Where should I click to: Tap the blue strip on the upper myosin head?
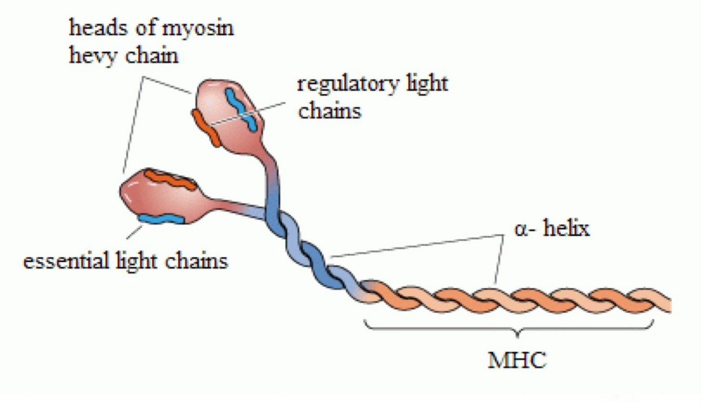[x=240, y=109]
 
